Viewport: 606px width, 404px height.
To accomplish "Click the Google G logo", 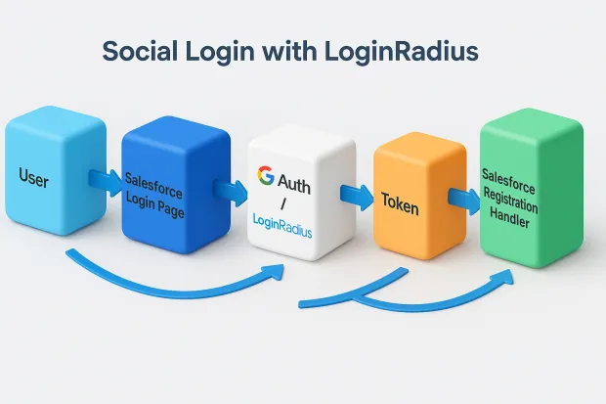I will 265,176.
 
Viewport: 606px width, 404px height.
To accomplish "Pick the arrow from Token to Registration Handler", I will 460,197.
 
